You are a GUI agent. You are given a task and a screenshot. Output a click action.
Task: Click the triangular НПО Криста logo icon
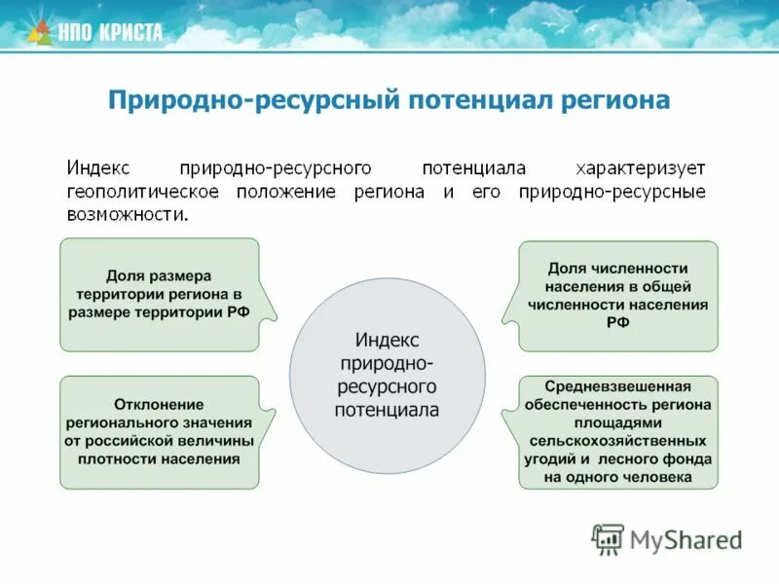coord(39,32)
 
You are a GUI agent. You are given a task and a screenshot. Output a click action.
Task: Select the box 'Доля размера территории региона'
coord(160,294)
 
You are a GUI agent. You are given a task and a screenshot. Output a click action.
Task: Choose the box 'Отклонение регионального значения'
coord(160,431)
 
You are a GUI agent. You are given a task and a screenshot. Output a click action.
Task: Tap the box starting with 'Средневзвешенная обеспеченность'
coord(617,431)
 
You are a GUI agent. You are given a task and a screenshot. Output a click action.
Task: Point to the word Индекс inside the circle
coord(387,340)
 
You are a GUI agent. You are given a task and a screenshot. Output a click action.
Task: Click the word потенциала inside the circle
coord(387,410)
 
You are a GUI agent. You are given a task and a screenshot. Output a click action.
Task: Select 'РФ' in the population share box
coord(617,322)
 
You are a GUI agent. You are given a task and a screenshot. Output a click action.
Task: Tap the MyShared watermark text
coord(686,538)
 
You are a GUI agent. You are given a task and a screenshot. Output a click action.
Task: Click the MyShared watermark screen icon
coord(608,538)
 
